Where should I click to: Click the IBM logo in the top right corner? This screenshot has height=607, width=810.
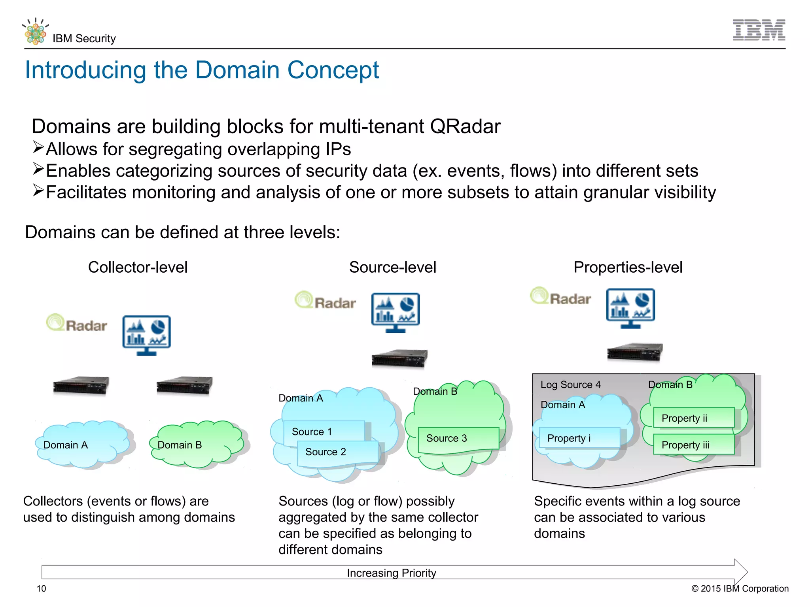[759, 30]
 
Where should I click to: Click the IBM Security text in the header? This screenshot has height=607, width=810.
[84, 38]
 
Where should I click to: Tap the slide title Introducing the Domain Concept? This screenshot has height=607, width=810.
[202, 70]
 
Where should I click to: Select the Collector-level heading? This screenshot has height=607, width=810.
[138, 267]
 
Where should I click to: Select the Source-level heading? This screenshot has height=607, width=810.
[392, 267]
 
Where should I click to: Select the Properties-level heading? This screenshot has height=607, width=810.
[628, 267]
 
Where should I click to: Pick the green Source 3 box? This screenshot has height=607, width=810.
[458, 438]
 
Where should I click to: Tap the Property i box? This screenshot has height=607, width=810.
[579, 438]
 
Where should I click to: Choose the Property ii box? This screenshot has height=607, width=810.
[693, 418]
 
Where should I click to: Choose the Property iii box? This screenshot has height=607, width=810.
[693, 445]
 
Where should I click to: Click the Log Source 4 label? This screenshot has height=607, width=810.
[570, 385]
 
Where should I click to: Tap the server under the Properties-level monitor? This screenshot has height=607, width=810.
[634, 351]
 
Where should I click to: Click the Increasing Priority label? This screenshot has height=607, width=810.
[391, 573]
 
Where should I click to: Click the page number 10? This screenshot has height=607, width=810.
[41, 588]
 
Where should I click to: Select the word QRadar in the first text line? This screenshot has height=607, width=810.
[465, 126]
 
